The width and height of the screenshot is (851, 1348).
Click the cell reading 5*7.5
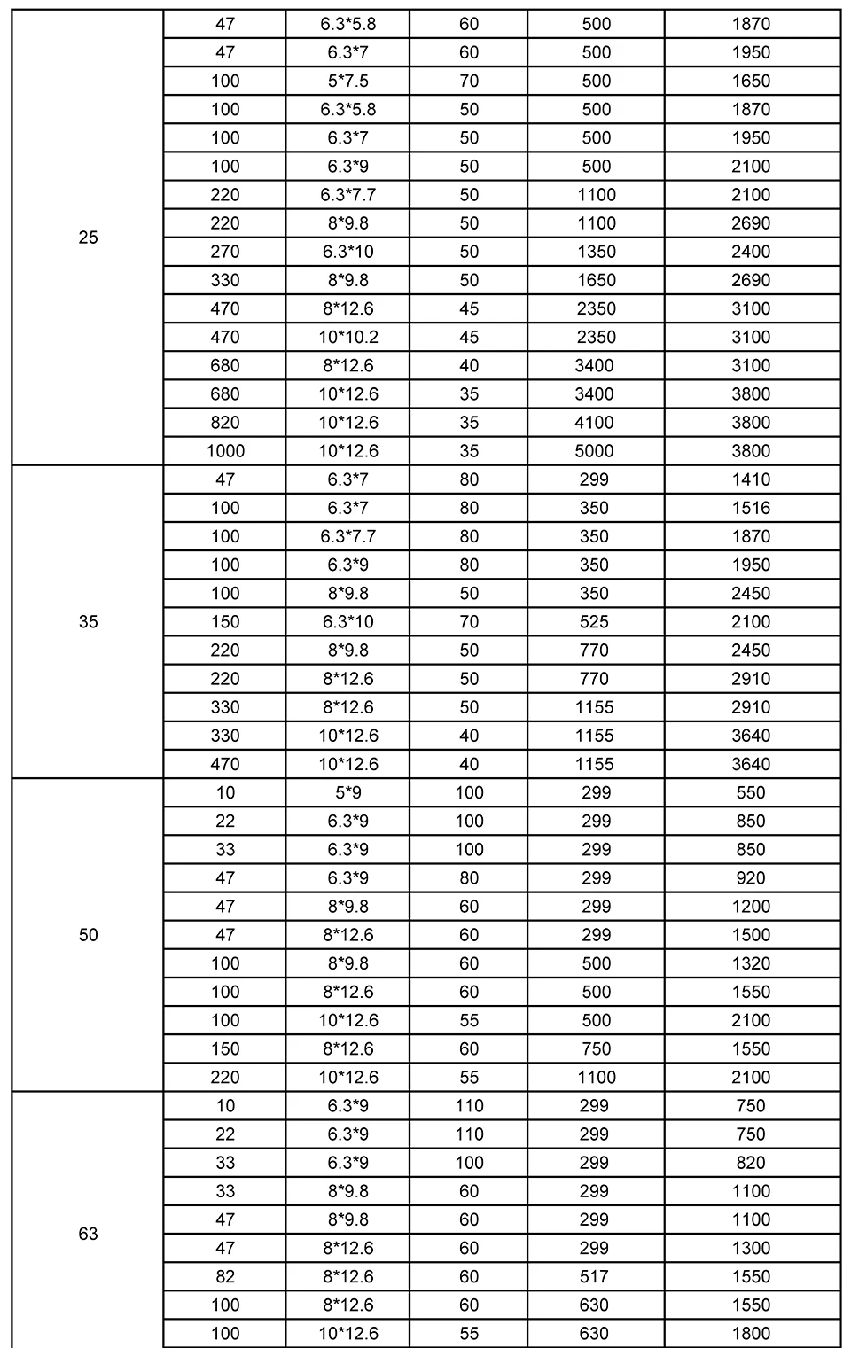(347, 81)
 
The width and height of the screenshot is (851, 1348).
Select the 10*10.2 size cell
(347, 337)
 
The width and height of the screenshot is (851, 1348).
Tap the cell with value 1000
(225, 450)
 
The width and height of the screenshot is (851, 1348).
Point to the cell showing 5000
(596, 450)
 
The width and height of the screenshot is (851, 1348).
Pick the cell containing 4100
(596, 422)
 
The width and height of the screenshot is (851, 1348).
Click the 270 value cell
(225, 252)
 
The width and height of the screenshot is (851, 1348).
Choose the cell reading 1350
(596, 252)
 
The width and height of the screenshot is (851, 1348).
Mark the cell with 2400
(751, 252)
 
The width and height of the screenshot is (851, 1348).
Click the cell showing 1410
(751, 479)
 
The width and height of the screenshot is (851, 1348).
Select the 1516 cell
(751, 508)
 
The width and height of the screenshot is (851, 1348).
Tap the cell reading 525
(594, 621)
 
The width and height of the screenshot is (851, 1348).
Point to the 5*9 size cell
(347, 792)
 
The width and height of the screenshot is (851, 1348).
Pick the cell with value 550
(751, 792)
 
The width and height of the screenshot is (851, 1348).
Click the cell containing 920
(751, 877)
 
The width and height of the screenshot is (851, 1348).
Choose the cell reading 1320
(751, 963)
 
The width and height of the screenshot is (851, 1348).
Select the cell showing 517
(594, 1276)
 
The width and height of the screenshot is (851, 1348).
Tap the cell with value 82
(225, 1276)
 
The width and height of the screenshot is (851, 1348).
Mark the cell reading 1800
(751, 1333)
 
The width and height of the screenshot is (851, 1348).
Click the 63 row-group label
(89, 1234)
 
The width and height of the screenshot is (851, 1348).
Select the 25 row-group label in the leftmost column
(89, 238)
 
